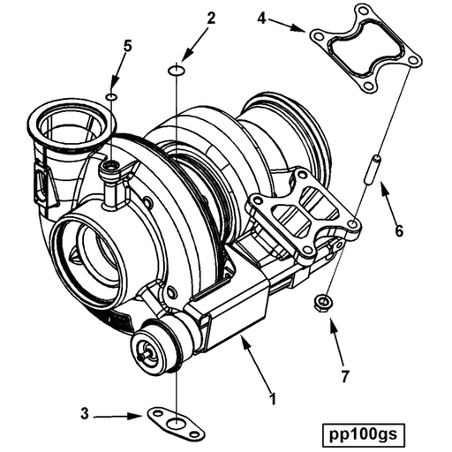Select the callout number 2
pos(211,18)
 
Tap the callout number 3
pos(84,413)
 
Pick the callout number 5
pos(128,47)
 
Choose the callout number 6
pos(399,232)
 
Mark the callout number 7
pos(344,377)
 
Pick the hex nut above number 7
pos(324,304)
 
